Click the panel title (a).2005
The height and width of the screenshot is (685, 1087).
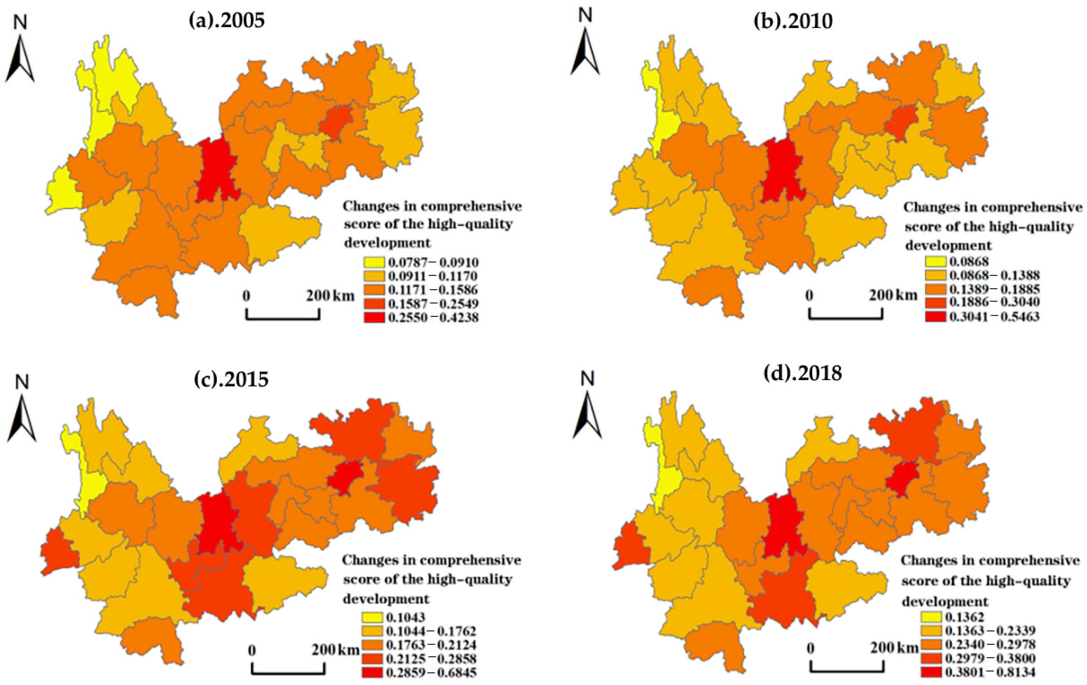click(226, 21)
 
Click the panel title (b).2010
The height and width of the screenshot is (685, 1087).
click(793, 21)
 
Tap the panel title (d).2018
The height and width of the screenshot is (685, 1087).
click(802, 373)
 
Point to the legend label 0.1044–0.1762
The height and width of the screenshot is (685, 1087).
click(431, 631)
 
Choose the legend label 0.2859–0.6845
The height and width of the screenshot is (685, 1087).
click(431, 672)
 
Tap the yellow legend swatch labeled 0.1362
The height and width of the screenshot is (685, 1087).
click(934, 617)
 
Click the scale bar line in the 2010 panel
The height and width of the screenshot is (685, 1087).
click(845, 318)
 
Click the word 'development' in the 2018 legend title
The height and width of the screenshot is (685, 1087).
click(945, 602)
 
